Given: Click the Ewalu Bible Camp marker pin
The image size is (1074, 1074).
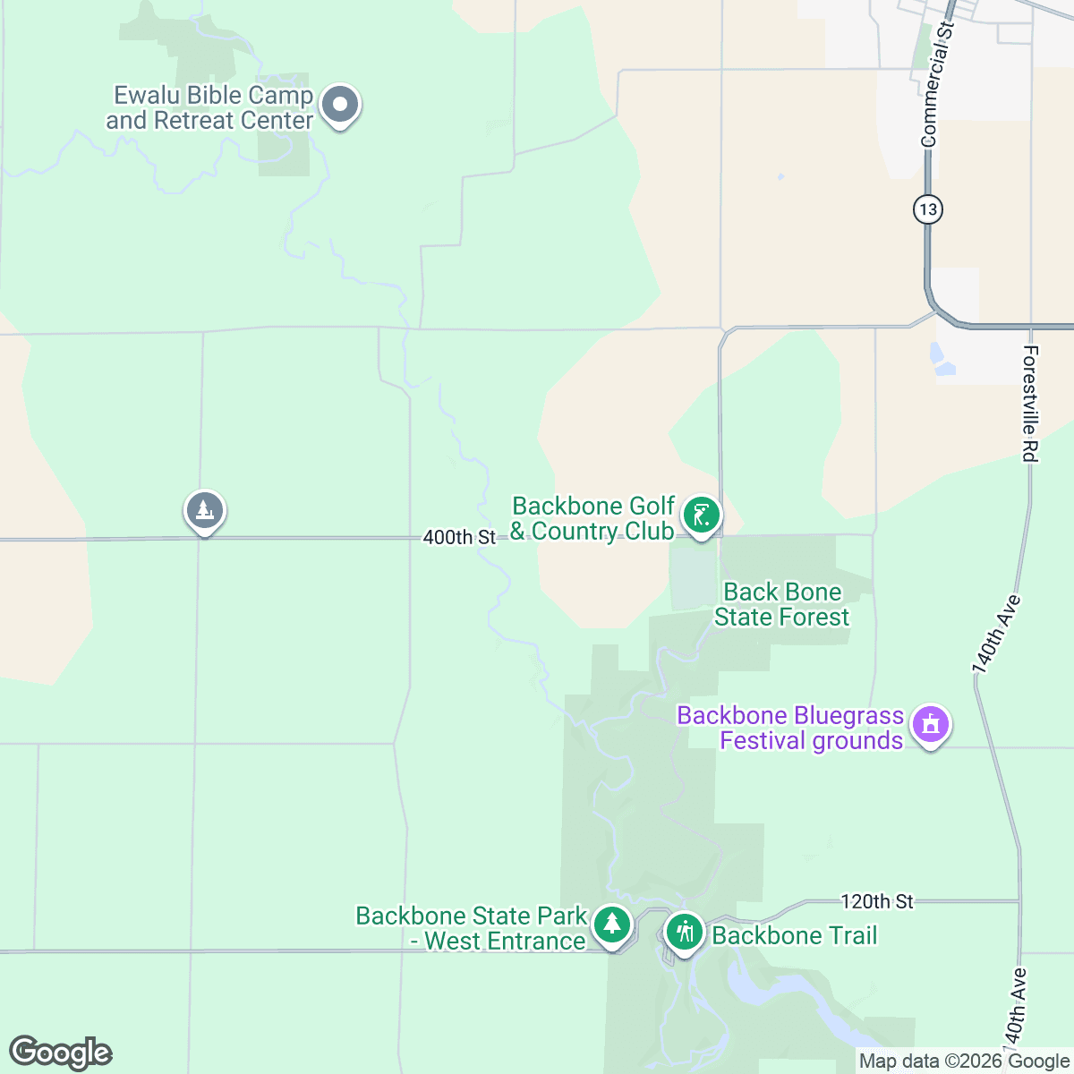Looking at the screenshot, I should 339,106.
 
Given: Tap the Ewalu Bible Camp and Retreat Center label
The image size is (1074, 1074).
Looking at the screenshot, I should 210,108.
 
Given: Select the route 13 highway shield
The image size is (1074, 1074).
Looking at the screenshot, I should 928,209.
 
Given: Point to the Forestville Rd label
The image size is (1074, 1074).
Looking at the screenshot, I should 1030,405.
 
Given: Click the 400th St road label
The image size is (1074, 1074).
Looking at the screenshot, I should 459,537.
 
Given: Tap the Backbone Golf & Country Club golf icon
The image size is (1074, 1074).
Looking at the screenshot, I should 701,516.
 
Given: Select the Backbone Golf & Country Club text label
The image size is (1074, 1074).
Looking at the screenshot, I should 592,519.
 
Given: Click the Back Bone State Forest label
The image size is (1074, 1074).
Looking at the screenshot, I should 781,605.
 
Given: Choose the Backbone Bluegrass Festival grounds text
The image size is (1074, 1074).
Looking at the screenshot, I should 790,729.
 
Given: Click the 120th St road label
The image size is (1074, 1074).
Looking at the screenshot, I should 877,901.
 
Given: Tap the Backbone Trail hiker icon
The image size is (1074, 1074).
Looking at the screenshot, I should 685,933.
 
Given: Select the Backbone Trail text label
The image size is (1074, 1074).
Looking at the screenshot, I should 795,936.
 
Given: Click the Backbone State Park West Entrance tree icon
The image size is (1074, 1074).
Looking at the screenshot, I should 612,924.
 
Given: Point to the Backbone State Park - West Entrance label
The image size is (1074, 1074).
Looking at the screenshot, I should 471,929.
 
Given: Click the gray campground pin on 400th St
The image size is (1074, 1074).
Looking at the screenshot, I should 205,511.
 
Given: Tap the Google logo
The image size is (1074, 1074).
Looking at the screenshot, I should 61,1053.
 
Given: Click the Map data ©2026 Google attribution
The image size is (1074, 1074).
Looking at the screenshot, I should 964,1061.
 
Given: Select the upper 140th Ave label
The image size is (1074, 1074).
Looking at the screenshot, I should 996,634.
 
